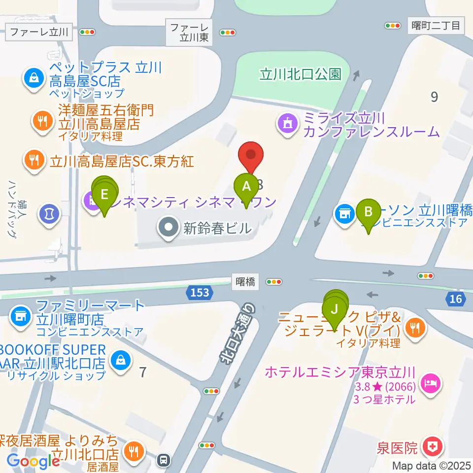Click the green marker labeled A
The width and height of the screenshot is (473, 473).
(246, 187)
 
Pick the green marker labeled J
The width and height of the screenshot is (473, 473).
(335, 310)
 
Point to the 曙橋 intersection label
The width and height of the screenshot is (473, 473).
(245, 282)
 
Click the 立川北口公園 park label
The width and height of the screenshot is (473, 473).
(301, 74)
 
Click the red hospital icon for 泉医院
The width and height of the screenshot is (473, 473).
(434, 447)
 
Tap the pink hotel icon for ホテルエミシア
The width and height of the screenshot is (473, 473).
(430, 384)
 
